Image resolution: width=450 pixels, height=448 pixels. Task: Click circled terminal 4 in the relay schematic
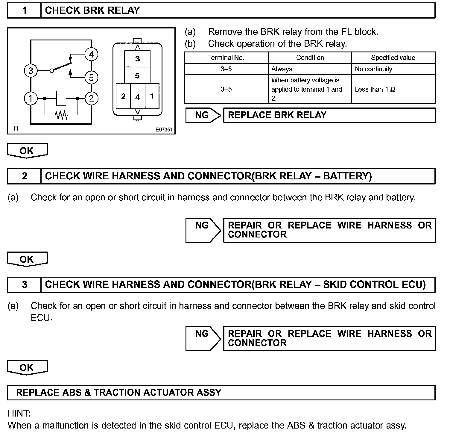pos(91,55)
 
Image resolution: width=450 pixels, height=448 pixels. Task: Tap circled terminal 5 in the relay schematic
pos(91,78)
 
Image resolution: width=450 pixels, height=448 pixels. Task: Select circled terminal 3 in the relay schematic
pos(31,71)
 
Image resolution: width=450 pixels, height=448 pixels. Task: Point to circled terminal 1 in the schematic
pos(31,98)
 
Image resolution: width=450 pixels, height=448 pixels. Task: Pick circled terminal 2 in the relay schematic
pos(91,98)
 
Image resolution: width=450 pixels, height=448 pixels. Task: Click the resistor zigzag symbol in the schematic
pos(61,115)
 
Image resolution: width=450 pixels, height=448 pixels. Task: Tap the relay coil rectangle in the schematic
pos(61,98)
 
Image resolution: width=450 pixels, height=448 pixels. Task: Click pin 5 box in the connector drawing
pos(137,75)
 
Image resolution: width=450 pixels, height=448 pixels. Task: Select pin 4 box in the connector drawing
pos(138,97)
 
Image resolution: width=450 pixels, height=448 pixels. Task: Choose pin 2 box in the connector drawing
pos(123,96)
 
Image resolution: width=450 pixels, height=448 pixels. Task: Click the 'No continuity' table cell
pos(393,69)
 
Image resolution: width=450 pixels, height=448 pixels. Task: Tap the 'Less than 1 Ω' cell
pos(393,89)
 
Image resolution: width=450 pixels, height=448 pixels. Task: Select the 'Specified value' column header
pos(393,58)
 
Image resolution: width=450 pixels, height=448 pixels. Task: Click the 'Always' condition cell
pos(310,69)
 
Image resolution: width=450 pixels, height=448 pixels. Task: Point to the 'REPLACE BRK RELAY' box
pos(329,115)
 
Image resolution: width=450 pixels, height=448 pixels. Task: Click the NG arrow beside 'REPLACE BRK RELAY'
pos(203,115)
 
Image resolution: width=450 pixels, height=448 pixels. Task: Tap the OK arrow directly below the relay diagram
pos(27,151)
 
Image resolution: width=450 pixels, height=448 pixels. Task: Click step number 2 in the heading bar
pos(25,176)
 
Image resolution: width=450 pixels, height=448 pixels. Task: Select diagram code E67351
pos(164,130)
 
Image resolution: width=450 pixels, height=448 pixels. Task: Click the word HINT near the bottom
pos(19,414)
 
